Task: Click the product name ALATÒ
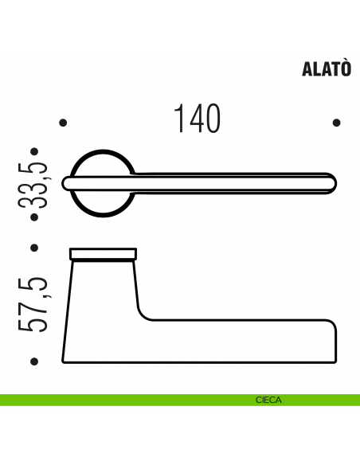tap(326, 68)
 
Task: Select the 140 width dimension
tap(196, 119)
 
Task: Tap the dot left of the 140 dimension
tap(63, 123)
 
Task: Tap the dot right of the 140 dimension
tap(336, 123)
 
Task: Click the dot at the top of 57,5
tap(34, 248)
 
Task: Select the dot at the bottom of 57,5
tap(34, 361)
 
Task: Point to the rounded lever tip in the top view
tap(329, 183)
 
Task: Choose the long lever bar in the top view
tap(231, 183)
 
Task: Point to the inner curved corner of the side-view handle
tap(147, 315)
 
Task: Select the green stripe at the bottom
tap(119, 401)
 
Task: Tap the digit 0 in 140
tap(211, 119)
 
